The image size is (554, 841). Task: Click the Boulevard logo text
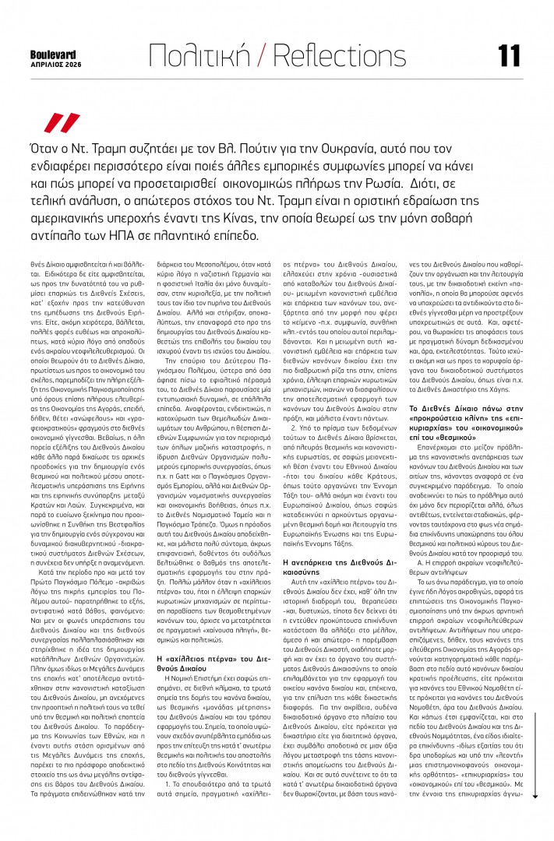(x=53, y=54)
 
